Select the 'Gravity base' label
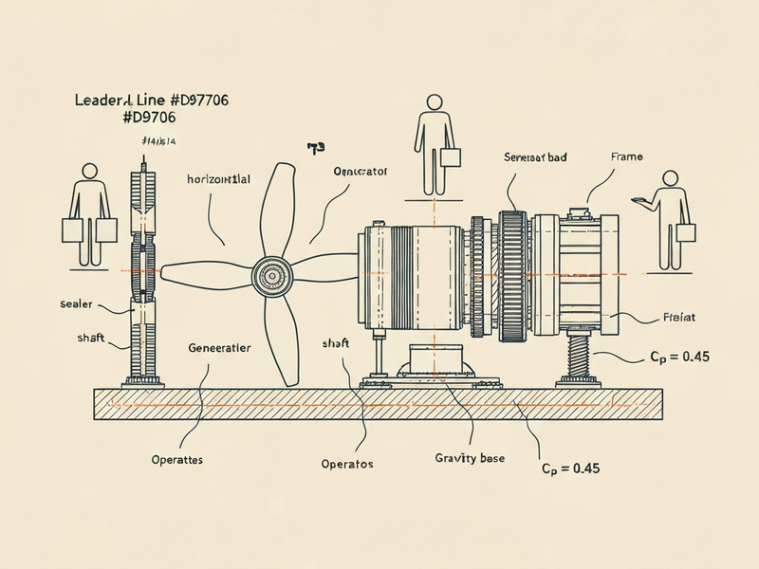tap(470, 458)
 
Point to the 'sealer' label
tap(76, 304)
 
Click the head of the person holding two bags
tap(90, 172)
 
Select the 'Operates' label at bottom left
tap(177, 459)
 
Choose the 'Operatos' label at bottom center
tap(347, 464)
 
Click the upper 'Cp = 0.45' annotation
tap(678, 357)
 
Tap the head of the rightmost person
tap(671, 177)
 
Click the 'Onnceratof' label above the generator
tap(361, 172)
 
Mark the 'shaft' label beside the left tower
tap(89, 339)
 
